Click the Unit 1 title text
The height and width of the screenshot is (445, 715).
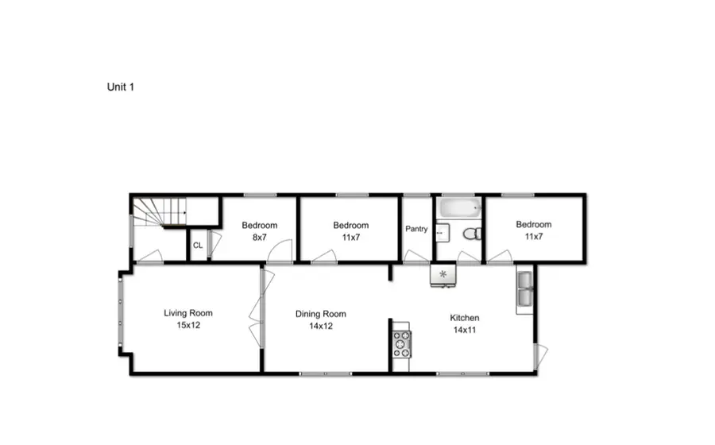click(x=120, y=87)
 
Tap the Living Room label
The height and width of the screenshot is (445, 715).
click(x=188, y=313)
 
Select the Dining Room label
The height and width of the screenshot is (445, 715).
click(x=320, y=314)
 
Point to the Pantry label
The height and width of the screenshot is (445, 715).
click(x=416, y=230)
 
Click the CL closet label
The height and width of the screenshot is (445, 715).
click(x=198, y=246)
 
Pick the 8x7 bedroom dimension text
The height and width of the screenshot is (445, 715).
click(x=259, y=237)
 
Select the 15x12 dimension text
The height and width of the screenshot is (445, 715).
click(x=188, y=325)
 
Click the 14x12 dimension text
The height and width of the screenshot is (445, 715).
click(x=320, y=326)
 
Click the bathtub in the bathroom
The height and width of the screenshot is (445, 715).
click(x=458, y=210)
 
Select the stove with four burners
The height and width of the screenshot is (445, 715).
click(x=400, y=343)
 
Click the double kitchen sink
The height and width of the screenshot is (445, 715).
click(x=524, y=291)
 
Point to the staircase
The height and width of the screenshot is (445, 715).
click(x=159, y=212)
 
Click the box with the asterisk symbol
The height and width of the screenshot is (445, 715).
click(x=443, y=275)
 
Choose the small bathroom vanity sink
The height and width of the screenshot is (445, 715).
click(x=442, y=232)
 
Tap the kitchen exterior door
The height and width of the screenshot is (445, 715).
click(x=539, y=354)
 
